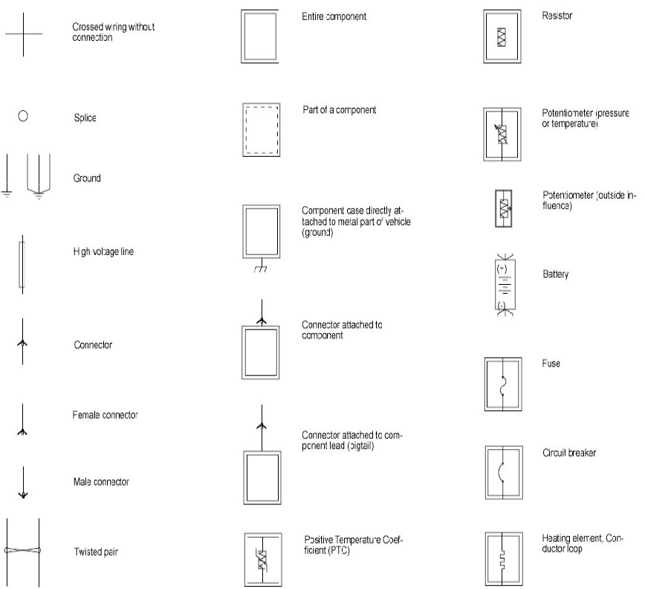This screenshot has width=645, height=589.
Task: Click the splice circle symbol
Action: point(23,117)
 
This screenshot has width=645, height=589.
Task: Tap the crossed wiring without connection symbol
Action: point(23,33)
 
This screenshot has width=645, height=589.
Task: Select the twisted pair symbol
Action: point(22,550)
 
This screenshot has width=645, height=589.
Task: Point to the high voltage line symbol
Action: point(22,264)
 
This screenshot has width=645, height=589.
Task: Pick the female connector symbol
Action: point(23,422)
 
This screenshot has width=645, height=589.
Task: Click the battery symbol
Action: point(503,286)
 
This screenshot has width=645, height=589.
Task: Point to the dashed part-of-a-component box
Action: point(261,129)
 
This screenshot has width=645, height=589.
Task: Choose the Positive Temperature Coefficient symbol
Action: point(262,559)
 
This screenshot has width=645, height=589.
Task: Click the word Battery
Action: point(555,274)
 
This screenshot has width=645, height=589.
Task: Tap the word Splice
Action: point(85,118)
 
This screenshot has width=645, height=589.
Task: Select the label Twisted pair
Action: point(97,552)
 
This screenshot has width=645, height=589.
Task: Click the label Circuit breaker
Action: point(569,452)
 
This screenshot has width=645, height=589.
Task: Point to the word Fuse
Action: point(551,364)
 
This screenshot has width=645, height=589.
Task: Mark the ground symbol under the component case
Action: point(261,268)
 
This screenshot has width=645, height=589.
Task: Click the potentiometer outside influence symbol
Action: point(504,208)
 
